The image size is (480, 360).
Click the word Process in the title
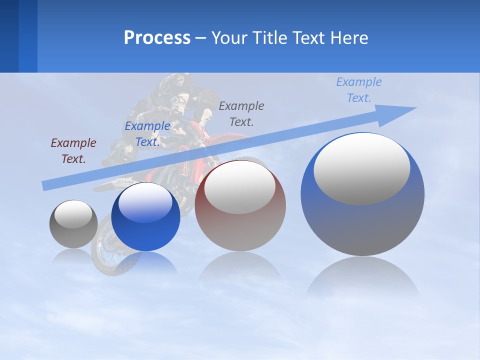pyautogui.click(x=157, y=38)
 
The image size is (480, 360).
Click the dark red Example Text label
pyautogui.click(x=73, y=150)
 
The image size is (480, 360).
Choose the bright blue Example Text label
pyautogui.click(x=147, y=134)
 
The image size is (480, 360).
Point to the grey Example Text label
pyautogui.click(x=241, y=113)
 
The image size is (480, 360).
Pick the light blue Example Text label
pyautogui.click(x=359, y=89)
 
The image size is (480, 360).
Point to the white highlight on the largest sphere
pyautogui.click(x=362, y=167)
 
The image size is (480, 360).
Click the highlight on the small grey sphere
pyautogui.click(x=73, y=214)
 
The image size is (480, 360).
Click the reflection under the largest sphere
pyautogui.click(x=362, y=280)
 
